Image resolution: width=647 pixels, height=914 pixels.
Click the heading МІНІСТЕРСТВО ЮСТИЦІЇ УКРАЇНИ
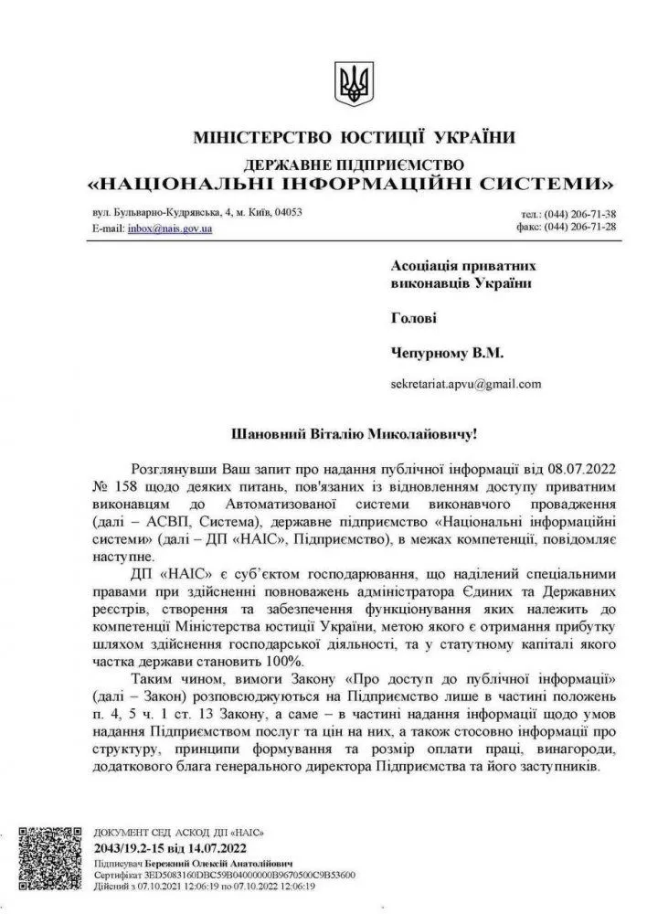click(354, 139)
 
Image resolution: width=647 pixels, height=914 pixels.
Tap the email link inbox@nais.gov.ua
click(169, 228)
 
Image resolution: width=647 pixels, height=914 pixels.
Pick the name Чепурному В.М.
click(447, 351)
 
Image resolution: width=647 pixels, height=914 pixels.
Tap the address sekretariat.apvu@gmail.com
click(466, 384)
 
